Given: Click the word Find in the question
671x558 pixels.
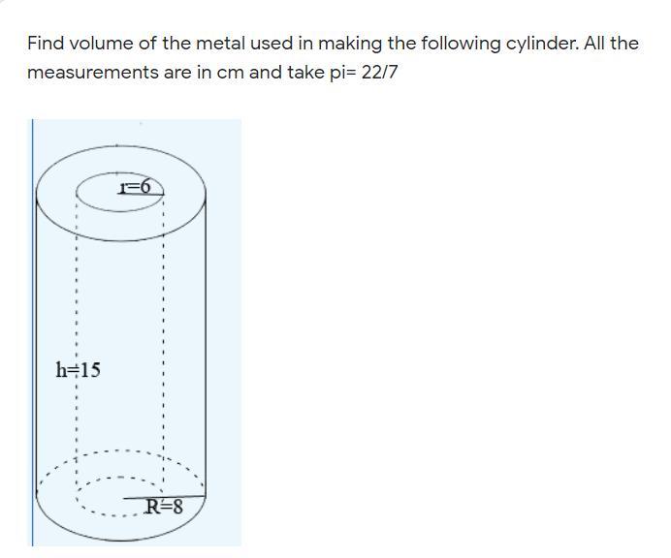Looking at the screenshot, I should coord(45,44).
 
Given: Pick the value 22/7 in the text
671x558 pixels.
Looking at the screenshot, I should coord(378,73).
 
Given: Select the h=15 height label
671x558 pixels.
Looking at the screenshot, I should coord(79,370).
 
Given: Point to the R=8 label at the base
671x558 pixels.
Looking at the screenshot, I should coord(164,505).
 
